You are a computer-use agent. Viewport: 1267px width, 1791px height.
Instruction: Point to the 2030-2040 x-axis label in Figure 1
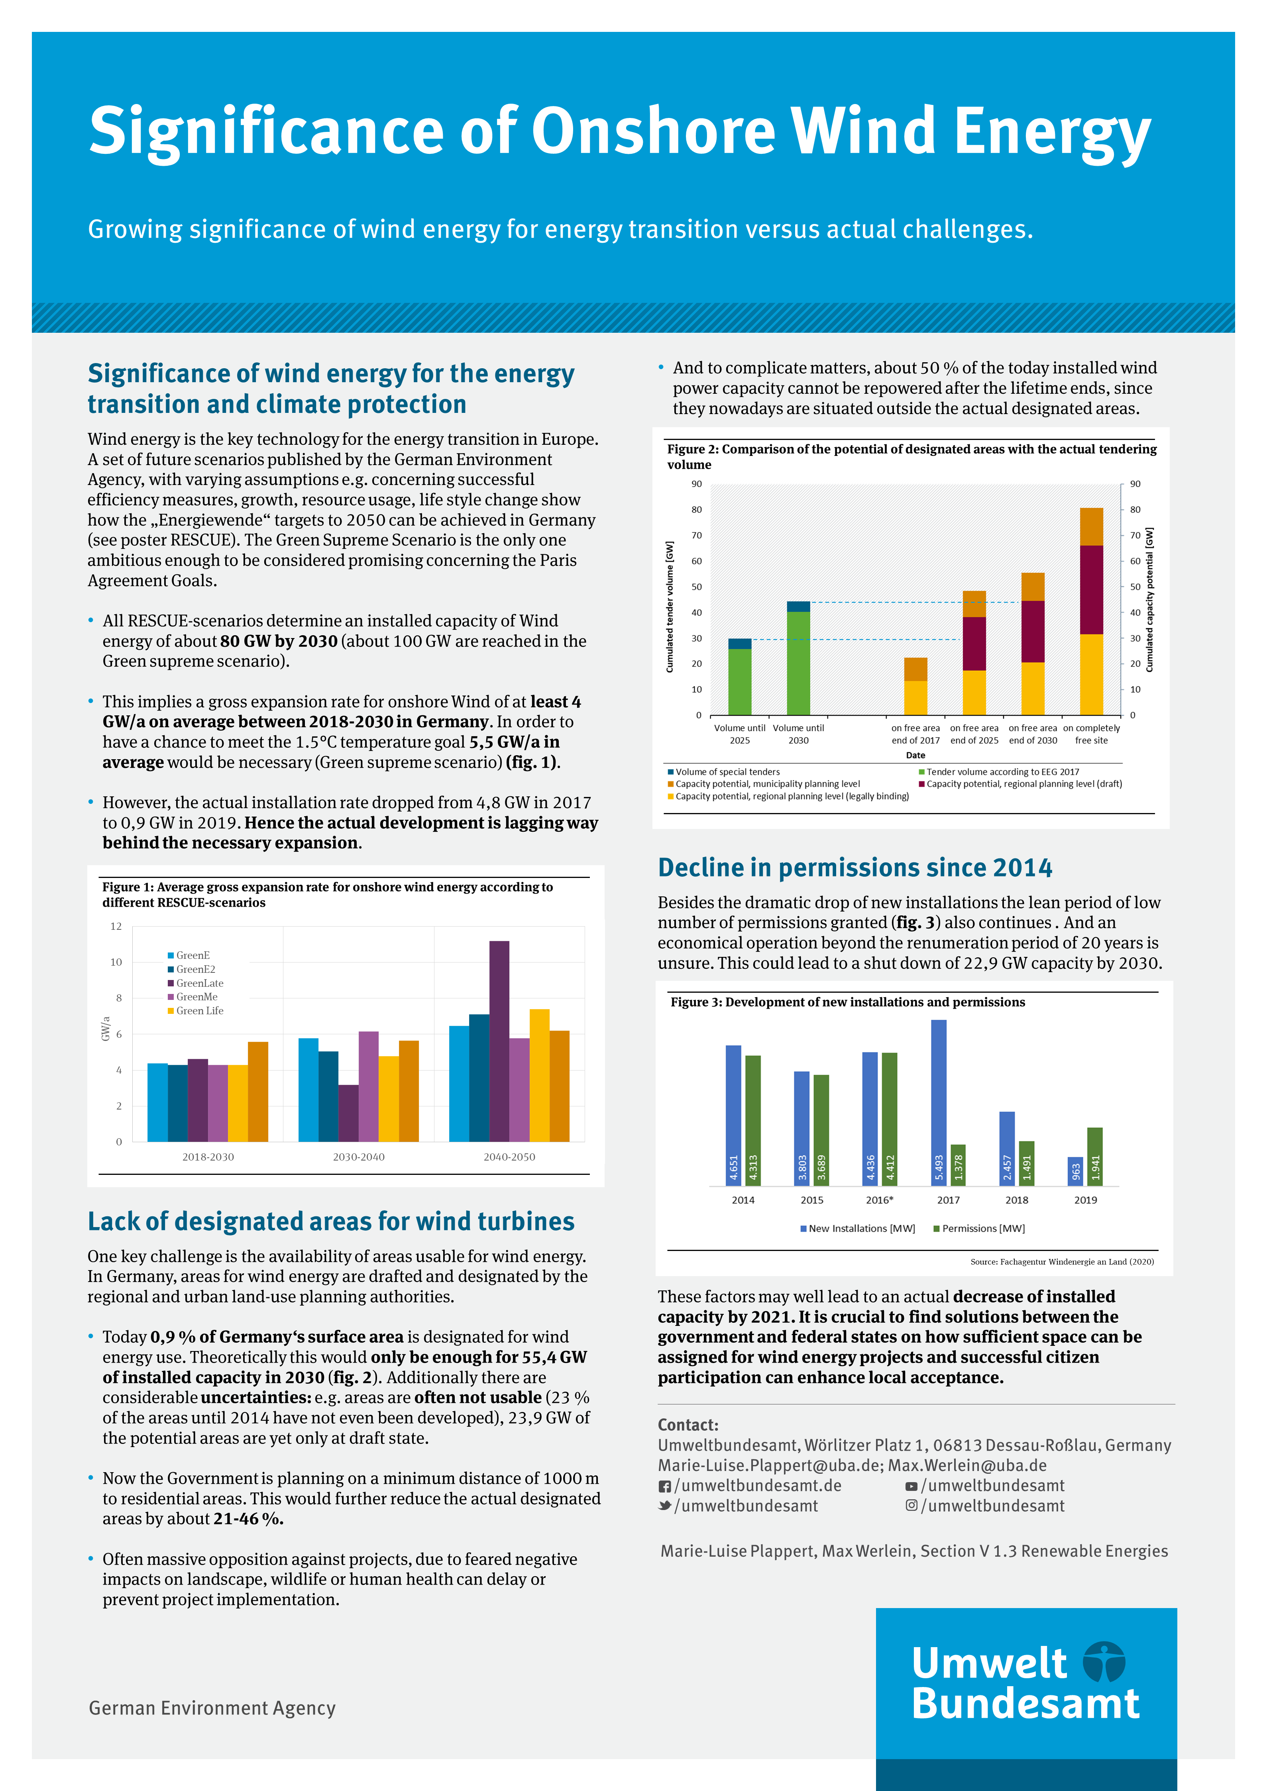point(359,1157)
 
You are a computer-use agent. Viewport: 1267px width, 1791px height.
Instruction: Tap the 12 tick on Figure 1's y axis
point(116,927)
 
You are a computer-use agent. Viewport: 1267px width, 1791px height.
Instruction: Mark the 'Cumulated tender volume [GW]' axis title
point(670,607)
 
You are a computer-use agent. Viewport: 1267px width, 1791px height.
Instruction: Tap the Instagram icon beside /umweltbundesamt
point(911,1506)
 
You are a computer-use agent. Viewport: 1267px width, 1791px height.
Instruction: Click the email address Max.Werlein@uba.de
point(967,1466)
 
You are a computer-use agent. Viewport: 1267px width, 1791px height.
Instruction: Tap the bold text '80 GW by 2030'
point(279,641)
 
